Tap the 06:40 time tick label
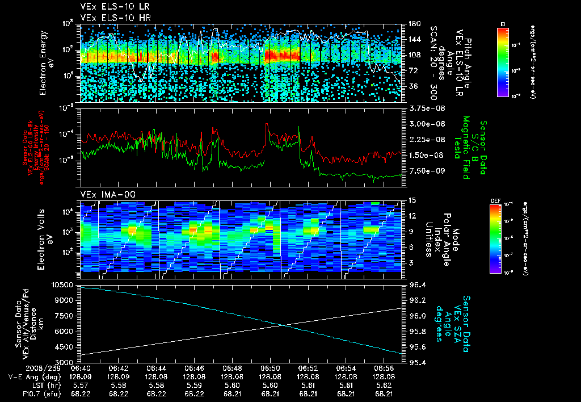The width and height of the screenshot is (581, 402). click(x=81, y=367)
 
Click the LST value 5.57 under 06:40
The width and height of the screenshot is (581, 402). click(x=81, y=384)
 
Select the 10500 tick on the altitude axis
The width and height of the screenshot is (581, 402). click(x=64, y=284)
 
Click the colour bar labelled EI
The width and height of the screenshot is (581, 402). click(x=503, y=61)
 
